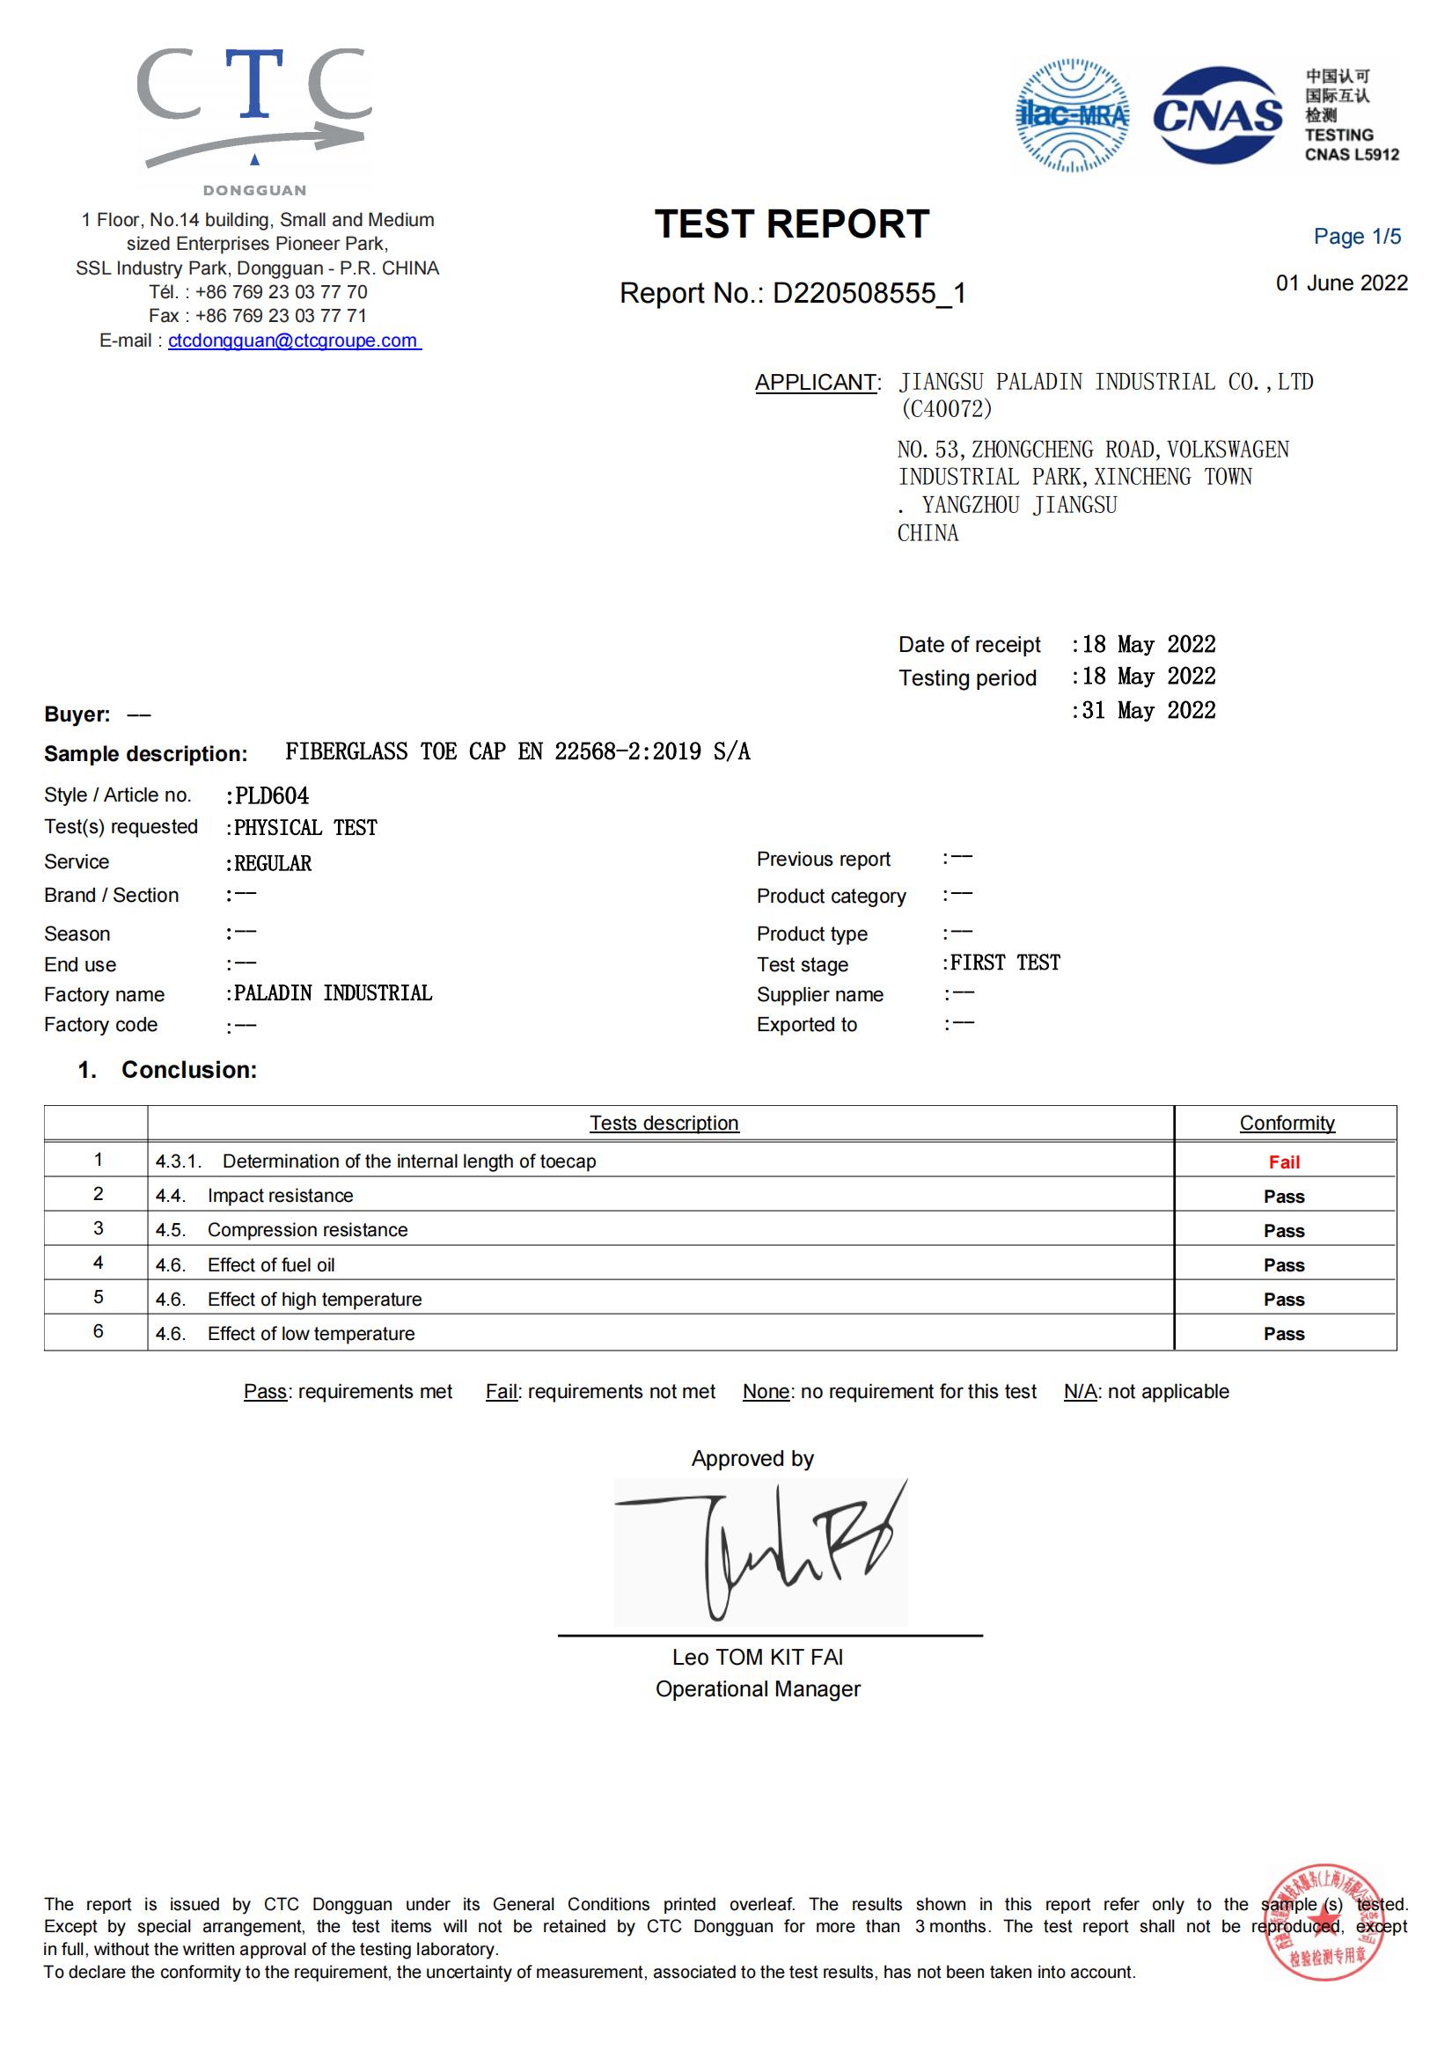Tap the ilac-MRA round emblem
click(x=1072, y=115)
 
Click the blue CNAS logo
click(x=1217, y=115)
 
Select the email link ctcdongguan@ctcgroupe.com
click(x=293, y=341)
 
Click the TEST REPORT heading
click(x=791, y=224)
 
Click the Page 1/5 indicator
click(x=1356, y=237)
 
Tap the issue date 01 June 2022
click(x=1341, y=283)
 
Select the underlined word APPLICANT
click(x=816, y=383)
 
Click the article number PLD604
click(x=272, y=796)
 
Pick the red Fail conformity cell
click(x=1284, y=1162)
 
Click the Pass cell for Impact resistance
click(x=1284, y=1197)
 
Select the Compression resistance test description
click(x=306, y=1230)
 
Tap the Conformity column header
click(x=1287, y=1123)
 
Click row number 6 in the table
click(x=98, y=1331)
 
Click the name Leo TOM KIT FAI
click(x=758, y=1658)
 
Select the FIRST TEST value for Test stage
click(x=1005, y=963)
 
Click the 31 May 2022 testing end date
click(x=1148, y=711)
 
